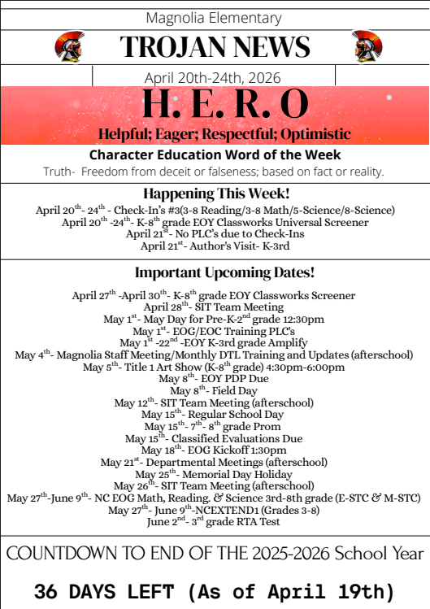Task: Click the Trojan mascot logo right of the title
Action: click(x=368, y=46)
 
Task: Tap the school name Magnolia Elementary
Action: click(x=215, y=17)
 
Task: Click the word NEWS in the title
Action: click(x=269, y=47)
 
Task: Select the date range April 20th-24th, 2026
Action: click(x=213, y=77)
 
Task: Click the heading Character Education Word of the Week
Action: click(x=215, y=154)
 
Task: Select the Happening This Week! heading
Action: click(x=215, y=194)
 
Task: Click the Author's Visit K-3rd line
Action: click(x=215, y=246)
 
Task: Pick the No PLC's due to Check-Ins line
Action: click(x=215, y=234)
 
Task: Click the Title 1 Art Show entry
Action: click(x=215, y=367)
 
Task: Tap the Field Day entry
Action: click(x=215, y=391)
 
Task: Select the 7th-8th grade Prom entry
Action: click(x=215, y=426)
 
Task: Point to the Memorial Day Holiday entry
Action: click(x=215, y=474)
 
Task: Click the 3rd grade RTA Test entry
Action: click(x=215, y=521)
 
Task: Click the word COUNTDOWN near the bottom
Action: click(x=58, y=554)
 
